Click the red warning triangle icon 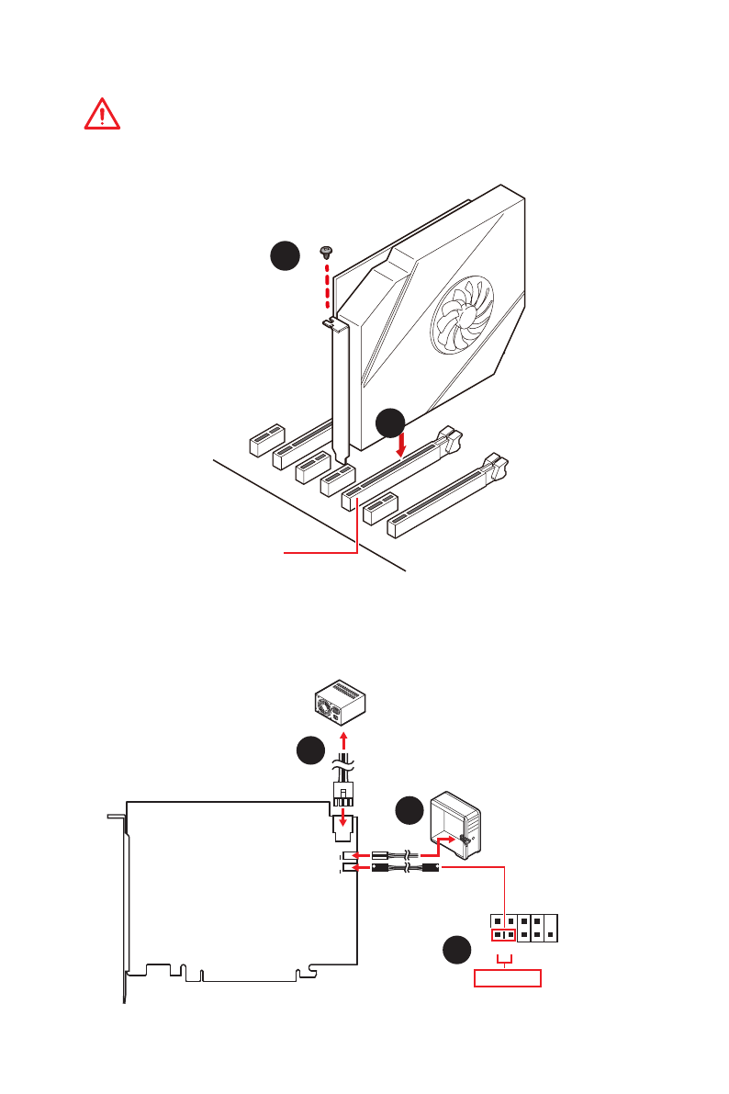click(x=102, y=113)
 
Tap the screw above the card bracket click(x=326, y=251)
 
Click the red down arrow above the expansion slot click(x=401, y=446)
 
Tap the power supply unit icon click(x=341, y=702)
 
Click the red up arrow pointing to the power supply click(x=344, y=740)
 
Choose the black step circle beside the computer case click(x=409, y=811)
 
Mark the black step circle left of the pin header click(x=454, y=950)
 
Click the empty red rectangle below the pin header click(x=507, y=978)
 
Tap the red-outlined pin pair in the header click(x=503, y=935)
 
